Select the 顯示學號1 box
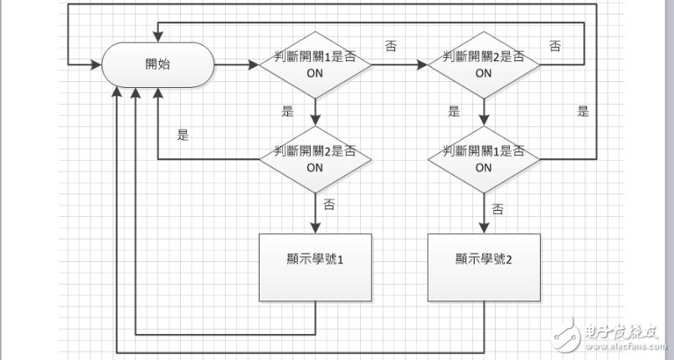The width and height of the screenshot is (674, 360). (x=315, y=267)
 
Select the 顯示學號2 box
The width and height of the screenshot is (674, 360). (x=484, y=267)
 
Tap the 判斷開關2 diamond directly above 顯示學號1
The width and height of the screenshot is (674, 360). (x=315, y=159)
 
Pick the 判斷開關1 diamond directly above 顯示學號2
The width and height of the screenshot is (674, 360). (x=483, y=159)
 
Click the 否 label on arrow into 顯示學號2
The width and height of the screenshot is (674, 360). (x=497, y=208)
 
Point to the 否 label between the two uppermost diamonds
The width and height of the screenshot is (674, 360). (x=391, y=46)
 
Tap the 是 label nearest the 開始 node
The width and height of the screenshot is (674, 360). (x=183, y=135)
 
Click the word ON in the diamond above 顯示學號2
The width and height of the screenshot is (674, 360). (x=483, y=167)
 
